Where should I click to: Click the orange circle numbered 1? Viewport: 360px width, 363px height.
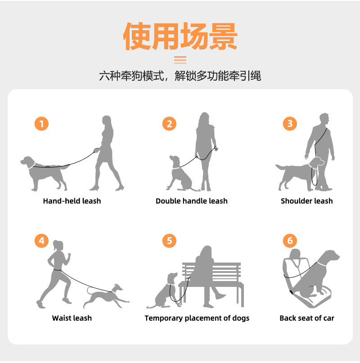pyautogui.click(x=41, y=123)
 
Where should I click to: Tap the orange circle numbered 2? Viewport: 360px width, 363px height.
pyautogui.click(x=169, y=123)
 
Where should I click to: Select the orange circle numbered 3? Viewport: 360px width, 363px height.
pyautogui.click(x=290, y=123)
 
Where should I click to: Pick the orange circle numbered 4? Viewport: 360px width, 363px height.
pyautogui.click(x=41, y=241)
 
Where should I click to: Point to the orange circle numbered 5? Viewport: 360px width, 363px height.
pyautogui.click(x=169, y=241)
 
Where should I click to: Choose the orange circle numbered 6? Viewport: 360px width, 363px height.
pyautogui.click(x=290, y=241)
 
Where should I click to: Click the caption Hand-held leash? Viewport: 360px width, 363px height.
pyautogui.click(x=72, y=201)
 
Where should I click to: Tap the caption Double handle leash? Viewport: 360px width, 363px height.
pyautogui.click(x=192, y=201)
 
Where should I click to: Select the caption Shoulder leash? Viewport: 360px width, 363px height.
pyautogui.click(x=307, y=201)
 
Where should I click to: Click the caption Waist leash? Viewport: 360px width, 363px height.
pyautogui.click(x=72, y=318)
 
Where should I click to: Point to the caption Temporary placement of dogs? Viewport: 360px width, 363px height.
pyautogui.click(x=197, y=318)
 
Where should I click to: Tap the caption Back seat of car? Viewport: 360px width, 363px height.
pyautogui.click(x=307, y=318)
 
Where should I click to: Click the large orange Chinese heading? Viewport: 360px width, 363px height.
pyautogui.click(x=180, y=36)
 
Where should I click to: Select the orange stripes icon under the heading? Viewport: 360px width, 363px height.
pyautogui.click(x=180, y=60)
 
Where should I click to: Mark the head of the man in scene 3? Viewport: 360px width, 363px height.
pyautogui.click(x=324, y=119)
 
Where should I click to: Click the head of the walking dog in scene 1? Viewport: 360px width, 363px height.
pyautogui.click(x=27, y=161)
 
